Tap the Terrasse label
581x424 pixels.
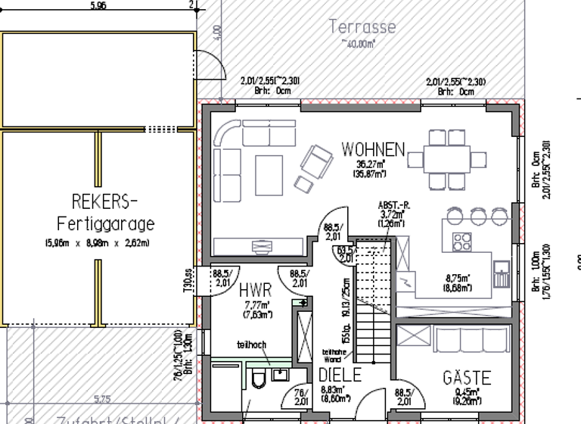362,27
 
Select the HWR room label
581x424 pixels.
255,291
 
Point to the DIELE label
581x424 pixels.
340,375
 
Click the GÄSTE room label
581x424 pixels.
467,377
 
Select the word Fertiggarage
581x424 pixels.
105,224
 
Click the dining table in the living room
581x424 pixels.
446,160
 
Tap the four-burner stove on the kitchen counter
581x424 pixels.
461,242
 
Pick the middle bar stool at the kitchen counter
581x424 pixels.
478,217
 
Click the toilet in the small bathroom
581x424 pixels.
259,378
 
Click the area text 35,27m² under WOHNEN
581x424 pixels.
371,164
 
